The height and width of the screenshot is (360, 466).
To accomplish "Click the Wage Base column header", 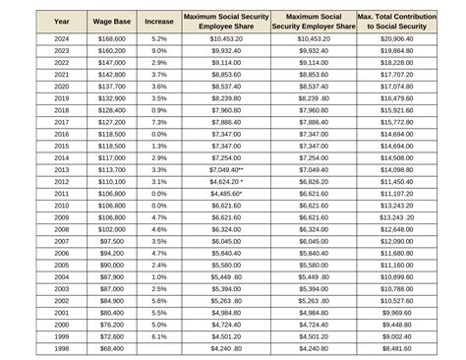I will pos(111,20).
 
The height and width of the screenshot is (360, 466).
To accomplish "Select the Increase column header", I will pos(159,20).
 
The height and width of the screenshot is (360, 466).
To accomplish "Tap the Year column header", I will pos(62,20).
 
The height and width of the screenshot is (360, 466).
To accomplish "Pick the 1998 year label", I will pos(62,347).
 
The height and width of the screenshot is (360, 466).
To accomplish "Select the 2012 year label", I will pos(62,181).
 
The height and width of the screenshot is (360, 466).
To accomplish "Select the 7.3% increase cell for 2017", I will pos(159,121).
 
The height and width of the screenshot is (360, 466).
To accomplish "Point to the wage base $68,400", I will pos(111,347).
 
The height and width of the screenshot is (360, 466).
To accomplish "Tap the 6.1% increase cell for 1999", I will pos(159,335).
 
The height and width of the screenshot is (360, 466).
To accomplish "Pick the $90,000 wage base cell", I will pos(111,265).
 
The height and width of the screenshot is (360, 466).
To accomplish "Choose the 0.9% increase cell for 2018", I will pos(159,109).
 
